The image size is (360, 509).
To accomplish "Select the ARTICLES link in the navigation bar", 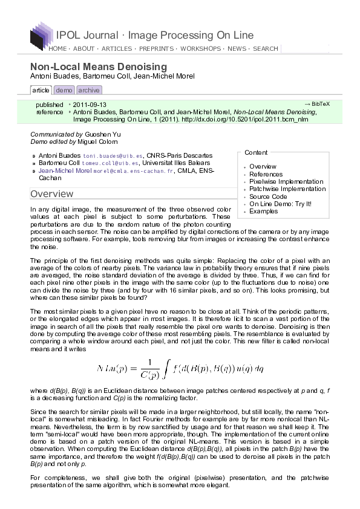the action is [x=116, y=48].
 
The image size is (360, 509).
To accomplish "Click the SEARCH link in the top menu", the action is [x=266, y=48].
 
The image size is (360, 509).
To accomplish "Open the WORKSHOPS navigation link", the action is [x=201, y=48].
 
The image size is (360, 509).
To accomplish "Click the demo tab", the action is [x=64, y=90].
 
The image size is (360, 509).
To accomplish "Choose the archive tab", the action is [x=88, y=90].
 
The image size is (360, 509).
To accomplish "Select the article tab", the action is [x=41, y=90].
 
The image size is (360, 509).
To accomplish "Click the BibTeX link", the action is [x=316, y=104].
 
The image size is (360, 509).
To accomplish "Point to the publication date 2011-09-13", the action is [x=90, y=105].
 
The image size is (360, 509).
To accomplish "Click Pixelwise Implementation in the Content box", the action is [x=286, y=181].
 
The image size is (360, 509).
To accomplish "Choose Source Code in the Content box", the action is [x=267, y=196].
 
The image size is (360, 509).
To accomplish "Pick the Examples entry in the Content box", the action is [x=263, y=212].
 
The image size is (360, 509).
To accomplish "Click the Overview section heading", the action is [x=52, y=194].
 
